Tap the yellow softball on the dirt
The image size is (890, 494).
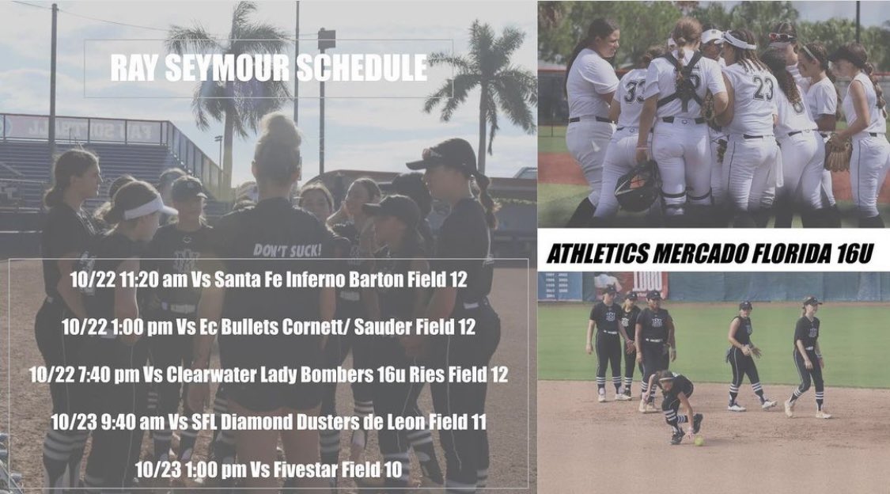pos(698,441)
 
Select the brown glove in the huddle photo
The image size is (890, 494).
pos(838,154)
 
